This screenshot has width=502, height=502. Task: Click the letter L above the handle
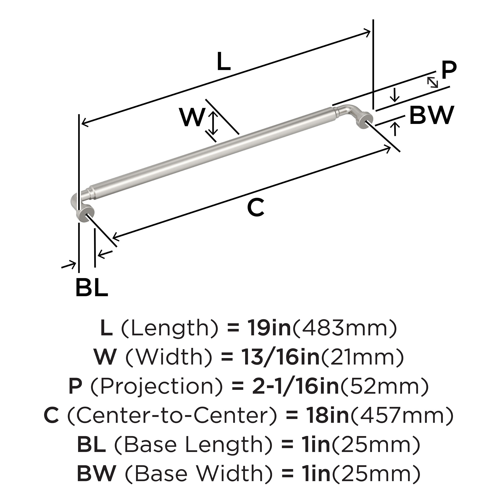pos(224,62)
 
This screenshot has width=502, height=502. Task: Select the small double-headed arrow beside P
pos(433,82)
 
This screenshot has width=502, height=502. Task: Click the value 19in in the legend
pos(268,328)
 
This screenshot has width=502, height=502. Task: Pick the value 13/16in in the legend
pos(280,357)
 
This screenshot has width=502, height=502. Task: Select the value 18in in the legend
pos(328,415)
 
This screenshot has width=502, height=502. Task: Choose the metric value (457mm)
pos(402,415)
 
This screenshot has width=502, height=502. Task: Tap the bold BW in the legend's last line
pos(96,474)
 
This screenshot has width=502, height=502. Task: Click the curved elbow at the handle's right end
pos(349,110)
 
